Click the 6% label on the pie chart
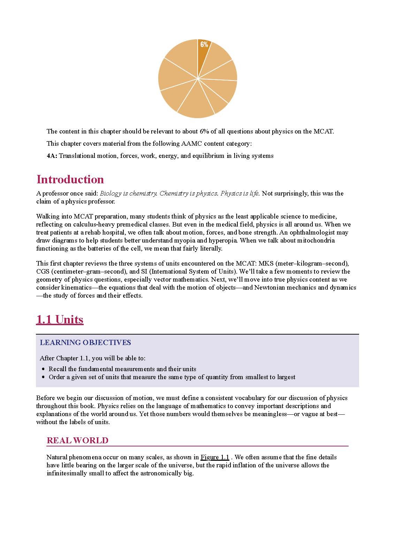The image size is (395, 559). point(204,44)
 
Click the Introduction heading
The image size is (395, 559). point(70,179)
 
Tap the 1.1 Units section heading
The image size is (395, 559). point(60,319)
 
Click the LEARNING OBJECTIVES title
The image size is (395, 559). point(85,343)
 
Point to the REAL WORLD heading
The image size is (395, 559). point(77,441)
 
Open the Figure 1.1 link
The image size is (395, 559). point(215,457)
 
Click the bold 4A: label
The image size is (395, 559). point(52,156)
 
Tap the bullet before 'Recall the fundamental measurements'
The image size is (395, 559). point(43,369)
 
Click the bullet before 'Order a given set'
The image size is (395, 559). point(43,377)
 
